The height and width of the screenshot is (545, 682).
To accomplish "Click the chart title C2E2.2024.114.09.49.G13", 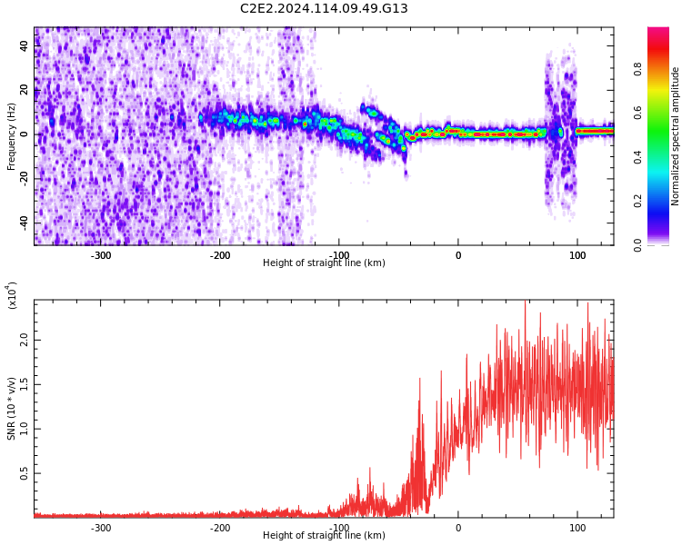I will coord(324,9).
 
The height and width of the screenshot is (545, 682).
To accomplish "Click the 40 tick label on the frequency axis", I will coord(25,46).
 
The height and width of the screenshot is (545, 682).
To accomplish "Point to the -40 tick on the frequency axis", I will coord(25,223).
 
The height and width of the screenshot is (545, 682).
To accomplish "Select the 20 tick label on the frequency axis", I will coord(25,90).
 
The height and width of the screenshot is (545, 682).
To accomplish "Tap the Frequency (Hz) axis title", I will coord(12,136).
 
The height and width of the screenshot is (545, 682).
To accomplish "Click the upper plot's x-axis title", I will coord(324,263).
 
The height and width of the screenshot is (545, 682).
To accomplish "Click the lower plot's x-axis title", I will coord(324,536).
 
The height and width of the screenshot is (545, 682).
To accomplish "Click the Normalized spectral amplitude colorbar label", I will coord(676,136).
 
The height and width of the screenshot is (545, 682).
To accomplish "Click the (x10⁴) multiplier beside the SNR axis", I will coord(12,296).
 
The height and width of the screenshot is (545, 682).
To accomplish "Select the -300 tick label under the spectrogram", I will coord(101,255).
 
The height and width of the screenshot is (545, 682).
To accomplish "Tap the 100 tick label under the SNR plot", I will coord(577,528).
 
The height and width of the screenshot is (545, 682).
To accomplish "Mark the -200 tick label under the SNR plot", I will coord(220,528).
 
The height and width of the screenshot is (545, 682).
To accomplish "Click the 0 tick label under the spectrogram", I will coord(458,255).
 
